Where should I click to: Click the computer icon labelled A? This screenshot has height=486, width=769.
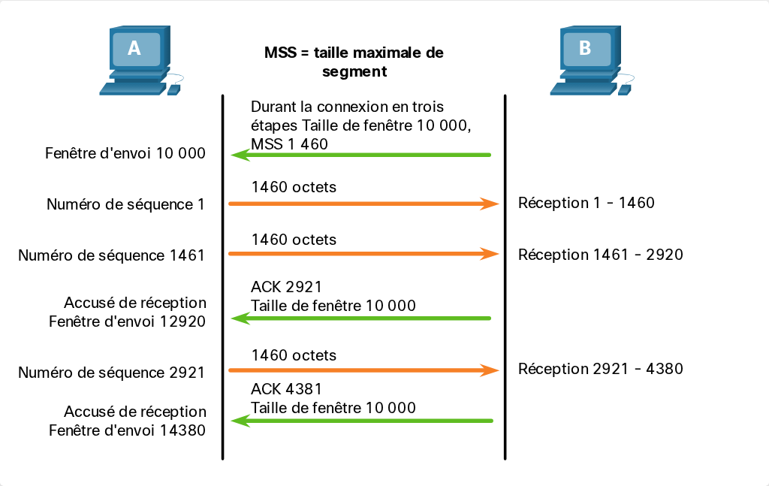[x=140, y=60]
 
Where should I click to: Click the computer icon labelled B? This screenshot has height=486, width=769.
[x=590, y=60]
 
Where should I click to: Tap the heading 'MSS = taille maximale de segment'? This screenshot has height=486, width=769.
[x=354, y=62]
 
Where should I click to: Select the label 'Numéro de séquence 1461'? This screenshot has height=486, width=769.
[x=111, y=255]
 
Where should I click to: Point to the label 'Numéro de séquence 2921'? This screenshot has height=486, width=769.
[x=111, y=373]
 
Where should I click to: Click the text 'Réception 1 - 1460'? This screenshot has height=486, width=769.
[x=586, y=203]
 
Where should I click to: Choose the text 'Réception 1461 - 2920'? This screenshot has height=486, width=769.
[x=600, y=255]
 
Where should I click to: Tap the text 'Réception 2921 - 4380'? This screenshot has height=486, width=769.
[x=600, y=369]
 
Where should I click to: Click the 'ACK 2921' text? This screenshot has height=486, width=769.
[x=286, y=287]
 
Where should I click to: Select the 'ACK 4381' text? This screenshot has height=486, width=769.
[x=286, y=389]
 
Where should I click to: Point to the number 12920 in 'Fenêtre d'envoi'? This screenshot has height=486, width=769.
[x=183, y=321]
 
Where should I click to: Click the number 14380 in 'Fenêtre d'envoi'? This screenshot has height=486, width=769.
[x=183, y=430]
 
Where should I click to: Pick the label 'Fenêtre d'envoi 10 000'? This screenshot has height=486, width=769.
[x=125, y=153]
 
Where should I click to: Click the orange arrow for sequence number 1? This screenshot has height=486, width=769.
[x=364, y=204]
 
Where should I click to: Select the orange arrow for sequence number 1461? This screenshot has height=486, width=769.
[x=364, y=254]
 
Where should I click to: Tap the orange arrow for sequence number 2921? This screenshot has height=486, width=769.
[x=364, y=370]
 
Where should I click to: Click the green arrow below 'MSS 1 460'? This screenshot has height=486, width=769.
[x=361, y=155]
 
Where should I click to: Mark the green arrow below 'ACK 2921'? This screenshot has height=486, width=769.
[x=361, y=318]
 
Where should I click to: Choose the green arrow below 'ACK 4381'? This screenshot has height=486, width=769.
[x=362, y=421]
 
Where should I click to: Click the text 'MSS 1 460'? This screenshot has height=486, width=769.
[x=289, y=144]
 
